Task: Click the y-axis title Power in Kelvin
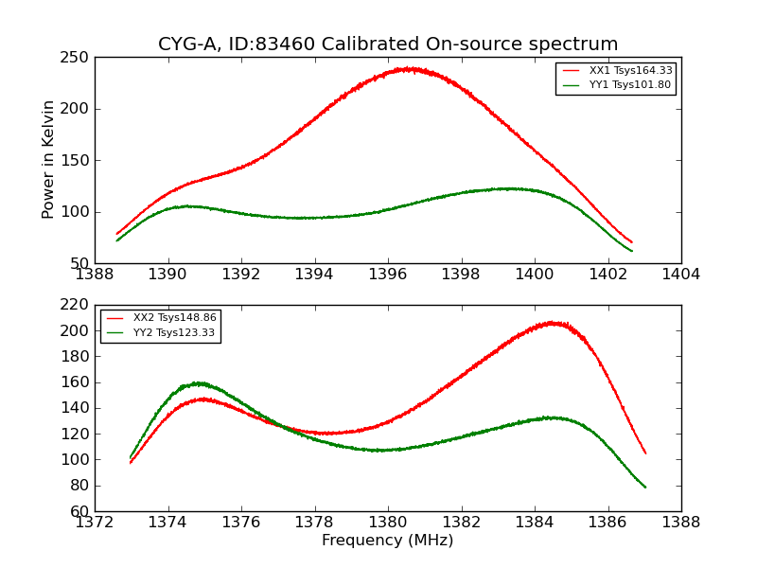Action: coord(49,160)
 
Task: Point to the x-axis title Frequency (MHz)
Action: coord(387,541)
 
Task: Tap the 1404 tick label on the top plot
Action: coord(680,275)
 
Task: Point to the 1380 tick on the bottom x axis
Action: coord(387,522)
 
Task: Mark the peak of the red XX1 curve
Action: coord(409,68)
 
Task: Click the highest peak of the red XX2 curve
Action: coord(555,323)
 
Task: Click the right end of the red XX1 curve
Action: coord(631,241)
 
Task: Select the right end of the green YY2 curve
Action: coord(645,487)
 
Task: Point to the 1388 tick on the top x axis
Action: coord(95,275)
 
